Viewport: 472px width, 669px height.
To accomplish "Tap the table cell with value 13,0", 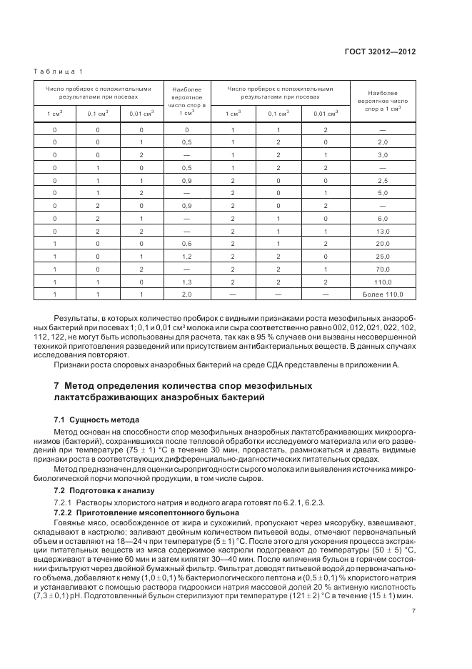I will tap(382, 232).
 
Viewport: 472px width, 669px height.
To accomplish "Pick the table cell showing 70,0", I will tap(382, 269).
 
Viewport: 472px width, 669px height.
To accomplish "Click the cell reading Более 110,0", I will tap(382, 294).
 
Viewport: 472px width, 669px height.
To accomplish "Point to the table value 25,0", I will tap(382, 257).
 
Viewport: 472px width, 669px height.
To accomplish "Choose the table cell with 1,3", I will tap(186, 282).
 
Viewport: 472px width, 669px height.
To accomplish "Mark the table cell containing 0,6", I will tap(186, 244).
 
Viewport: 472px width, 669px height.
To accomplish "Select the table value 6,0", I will tap(382, 219).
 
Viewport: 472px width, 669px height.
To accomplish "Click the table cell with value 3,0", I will tap(382, 154).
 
